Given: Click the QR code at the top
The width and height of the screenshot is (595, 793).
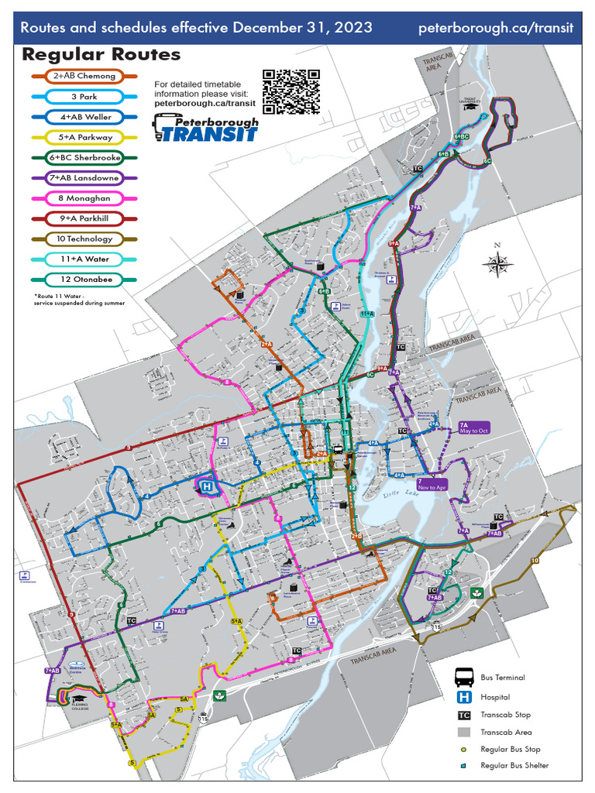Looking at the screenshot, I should coord(291,92).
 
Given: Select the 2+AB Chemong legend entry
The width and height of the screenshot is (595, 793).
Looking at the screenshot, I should coord(85,76).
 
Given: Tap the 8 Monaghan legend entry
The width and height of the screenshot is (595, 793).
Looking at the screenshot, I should coord(85,197).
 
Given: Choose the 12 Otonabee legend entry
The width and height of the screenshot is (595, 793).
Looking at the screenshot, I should coord(85,279).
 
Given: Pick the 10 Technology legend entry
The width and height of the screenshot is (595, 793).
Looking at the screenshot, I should coord(85,239).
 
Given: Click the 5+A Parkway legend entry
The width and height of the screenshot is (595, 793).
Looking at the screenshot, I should coord(85,137).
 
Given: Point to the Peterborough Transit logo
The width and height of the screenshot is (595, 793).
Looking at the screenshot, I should coord(205,128).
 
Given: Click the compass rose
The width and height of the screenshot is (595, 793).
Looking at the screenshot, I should coord(498,264).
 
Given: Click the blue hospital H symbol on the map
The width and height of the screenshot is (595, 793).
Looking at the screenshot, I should coord(208,486).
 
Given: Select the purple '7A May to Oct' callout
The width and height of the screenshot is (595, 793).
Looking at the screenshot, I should coord(475,428).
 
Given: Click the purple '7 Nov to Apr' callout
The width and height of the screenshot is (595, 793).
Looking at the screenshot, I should coord(432,485).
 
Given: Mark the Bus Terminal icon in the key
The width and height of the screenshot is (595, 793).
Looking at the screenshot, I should coord(465,678).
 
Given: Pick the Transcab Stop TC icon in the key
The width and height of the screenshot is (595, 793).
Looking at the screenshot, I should coord(465,715).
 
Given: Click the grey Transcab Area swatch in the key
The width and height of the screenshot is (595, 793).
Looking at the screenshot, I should coord(465,732).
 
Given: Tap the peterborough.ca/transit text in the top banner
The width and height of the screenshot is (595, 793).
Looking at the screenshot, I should coord(496,28).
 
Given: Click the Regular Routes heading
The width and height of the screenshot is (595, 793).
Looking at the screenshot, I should coord(101,54).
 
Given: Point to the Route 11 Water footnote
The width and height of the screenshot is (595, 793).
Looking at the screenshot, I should coord(79,299).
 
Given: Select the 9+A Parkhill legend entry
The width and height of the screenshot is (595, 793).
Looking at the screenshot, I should coord(85,218).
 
